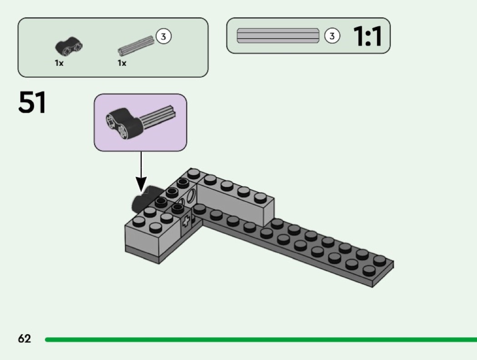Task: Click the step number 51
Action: pos(32,102)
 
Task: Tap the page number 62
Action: pos(25,338)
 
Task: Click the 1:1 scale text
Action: pos(367,36)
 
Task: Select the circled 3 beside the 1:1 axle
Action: pos(332,36)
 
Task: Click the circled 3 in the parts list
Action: pos(164,36)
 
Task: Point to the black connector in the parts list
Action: pos(69,46)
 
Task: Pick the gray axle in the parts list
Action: pos(136,46)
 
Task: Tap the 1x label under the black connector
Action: pos(59,63)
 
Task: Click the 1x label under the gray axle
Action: pos(122,63)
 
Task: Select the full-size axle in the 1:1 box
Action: pos(278,36)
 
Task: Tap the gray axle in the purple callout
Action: pos(158,116)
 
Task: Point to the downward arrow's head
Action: pos(141,184)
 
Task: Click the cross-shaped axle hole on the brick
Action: pos(186,222)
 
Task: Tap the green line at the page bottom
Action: pos(261,339)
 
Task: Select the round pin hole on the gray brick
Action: pos(192,196)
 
